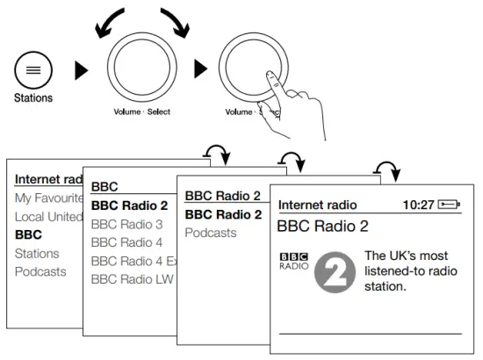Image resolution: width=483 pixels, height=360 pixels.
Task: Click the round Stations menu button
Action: coord(32,68)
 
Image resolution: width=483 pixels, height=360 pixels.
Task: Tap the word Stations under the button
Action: coord(32,98)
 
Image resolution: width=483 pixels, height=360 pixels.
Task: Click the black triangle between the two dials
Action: coord(200,68)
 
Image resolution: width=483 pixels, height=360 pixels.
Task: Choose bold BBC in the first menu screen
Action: coord(28,234)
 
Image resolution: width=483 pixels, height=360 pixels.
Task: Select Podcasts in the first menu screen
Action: coord(40,271)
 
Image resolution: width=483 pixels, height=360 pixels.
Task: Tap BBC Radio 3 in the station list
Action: coord(127,224)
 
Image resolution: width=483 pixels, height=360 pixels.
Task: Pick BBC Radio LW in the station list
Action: coord(132,279)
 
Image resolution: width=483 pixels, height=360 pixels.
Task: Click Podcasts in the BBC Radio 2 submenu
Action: coord(211,233)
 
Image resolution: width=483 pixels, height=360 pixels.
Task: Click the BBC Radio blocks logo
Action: coord(292,263)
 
